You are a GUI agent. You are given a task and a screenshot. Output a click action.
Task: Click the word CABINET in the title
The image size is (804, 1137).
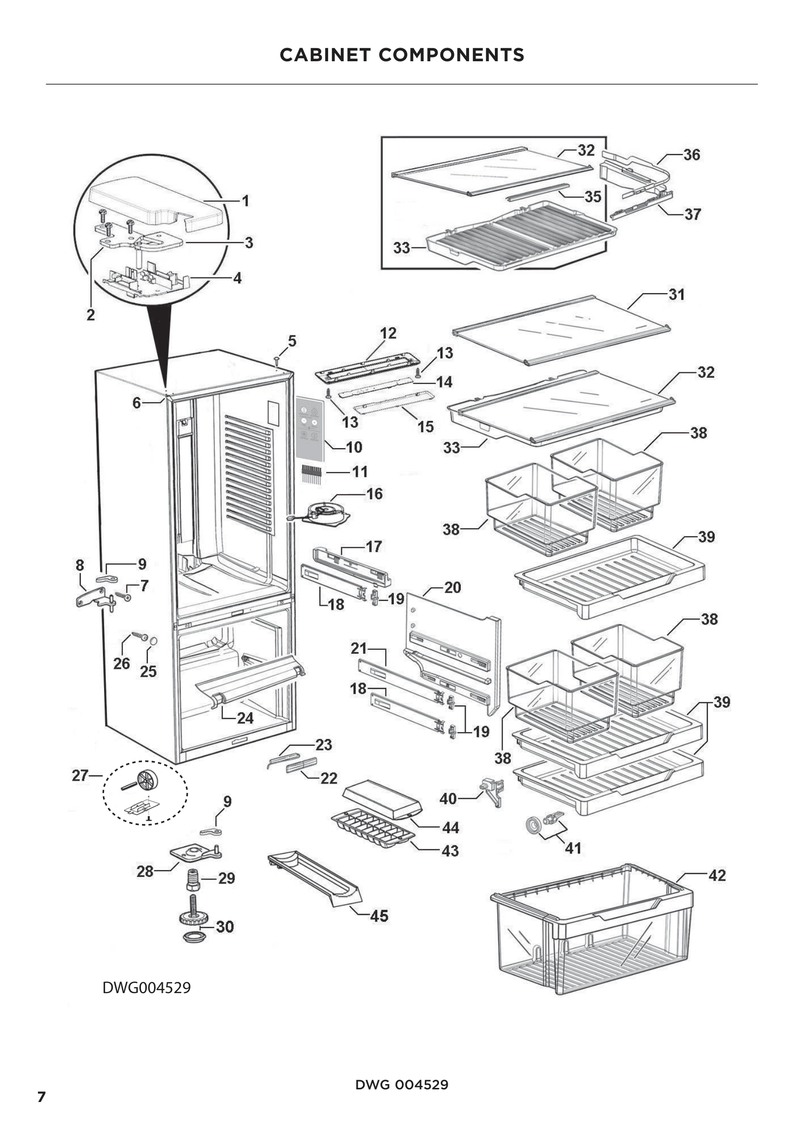(325, 54)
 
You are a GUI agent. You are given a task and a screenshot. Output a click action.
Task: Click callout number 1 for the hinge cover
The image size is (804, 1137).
(245, 201)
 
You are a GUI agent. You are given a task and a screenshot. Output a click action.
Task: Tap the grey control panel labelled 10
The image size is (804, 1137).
(310, 428)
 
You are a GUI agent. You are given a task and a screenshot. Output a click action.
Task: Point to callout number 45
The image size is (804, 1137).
(379, 916)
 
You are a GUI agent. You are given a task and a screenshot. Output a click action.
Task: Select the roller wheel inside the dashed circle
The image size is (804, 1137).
(147, 781)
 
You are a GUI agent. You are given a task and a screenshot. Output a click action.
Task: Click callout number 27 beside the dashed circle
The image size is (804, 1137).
(80, 775)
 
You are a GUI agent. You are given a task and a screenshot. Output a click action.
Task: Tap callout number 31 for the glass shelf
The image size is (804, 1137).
(676, 294)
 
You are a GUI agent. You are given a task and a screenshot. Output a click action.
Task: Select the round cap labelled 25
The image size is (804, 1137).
(153, 641)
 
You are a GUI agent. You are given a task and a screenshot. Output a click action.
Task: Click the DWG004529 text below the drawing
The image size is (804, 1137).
(146, 987)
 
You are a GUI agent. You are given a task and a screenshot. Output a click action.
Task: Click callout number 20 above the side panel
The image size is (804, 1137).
(452, 587)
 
